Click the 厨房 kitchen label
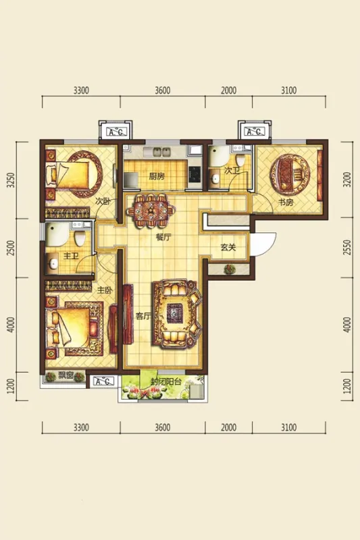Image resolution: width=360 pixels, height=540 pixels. (x=157, y=176)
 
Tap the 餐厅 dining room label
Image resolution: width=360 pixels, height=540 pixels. (x=163, y=237)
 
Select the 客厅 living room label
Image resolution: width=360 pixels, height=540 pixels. (x=143, y=315)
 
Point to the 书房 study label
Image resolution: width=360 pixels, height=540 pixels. (x=286, y=202)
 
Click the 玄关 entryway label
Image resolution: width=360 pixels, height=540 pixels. (x=228, y=247)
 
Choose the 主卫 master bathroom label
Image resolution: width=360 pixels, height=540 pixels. (x=72, y=256)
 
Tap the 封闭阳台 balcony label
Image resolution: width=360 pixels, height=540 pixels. (x=165, y=381)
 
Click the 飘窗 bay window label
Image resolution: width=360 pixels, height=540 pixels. (x=66, y=376)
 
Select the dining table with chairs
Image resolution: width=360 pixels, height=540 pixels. (x=151, y=211)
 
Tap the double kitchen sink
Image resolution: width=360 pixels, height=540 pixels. (x=161, y=152)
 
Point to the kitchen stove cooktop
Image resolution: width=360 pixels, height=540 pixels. (x=195, y=173)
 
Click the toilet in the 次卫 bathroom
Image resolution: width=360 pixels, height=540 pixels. (x=240, y=159)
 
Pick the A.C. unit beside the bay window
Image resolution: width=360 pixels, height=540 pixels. (x=103, y=381)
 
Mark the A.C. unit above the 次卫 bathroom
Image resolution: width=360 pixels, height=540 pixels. (x=254, y=132)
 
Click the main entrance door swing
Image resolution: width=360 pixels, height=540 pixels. (x=263, y=244)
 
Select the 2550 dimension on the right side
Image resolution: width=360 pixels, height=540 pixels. (x=348, y=247)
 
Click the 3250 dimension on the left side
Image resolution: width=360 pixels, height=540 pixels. (x=11, y=180)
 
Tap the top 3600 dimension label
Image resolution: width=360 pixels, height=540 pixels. (x=163, y=90)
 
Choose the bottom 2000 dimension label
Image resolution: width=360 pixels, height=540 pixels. (x=229, y=427)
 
